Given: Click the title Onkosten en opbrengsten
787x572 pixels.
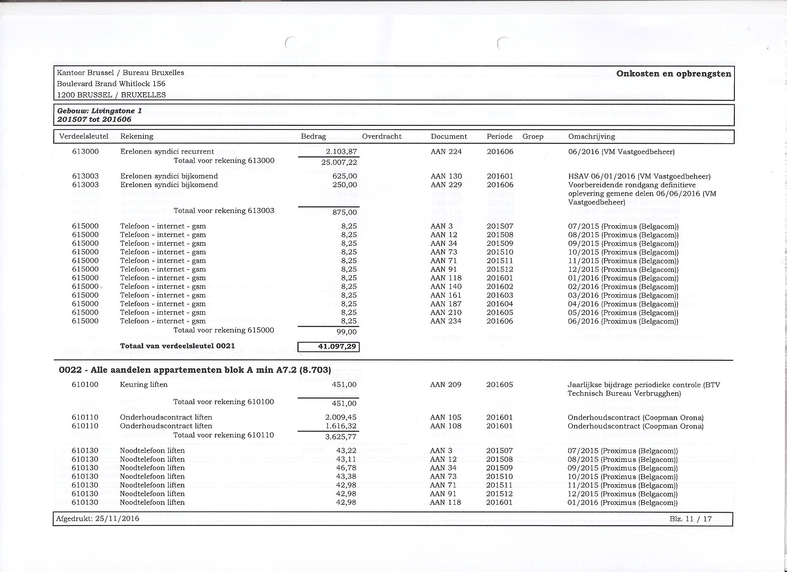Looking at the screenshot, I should coord(674,74).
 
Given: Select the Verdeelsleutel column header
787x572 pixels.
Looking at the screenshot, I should coord(83,136).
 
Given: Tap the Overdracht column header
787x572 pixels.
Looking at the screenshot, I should coord(382,136).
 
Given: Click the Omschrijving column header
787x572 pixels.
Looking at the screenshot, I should coord(591,136).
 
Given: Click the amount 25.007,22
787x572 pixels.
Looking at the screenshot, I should coord(339,162).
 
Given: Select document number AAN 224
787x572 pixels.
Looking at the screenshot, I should coord(446,152).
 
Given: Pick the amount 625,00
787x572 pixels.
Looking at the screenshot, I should coord(345,176).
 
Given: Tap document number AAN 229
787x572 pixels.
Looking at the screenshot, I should coord(446,185).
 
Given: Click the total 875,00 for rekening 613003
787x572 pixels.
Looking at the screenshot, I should coord(345,212).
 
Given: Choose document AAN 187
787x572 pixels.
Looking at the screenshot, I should coord(446,304).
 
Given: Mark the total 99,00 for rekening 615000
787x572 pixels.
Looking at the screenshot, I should coord(347,332).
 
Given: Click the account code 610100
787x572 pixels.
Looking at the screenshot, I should coord(85,384).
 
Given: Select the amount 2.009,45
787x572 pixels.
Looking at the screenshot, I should coord(341,417).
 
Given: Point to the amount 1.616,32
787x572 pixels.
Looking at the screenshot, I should coord(341,426).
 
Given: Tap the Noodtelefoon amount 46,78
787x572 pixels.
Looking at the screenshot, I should coord(346,468).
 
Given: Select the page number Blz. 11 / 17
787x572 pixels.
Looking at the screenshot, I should coord(690,519).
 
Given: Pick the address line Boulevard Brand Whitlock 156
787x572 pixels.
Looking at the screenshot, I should coord(111,83).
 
